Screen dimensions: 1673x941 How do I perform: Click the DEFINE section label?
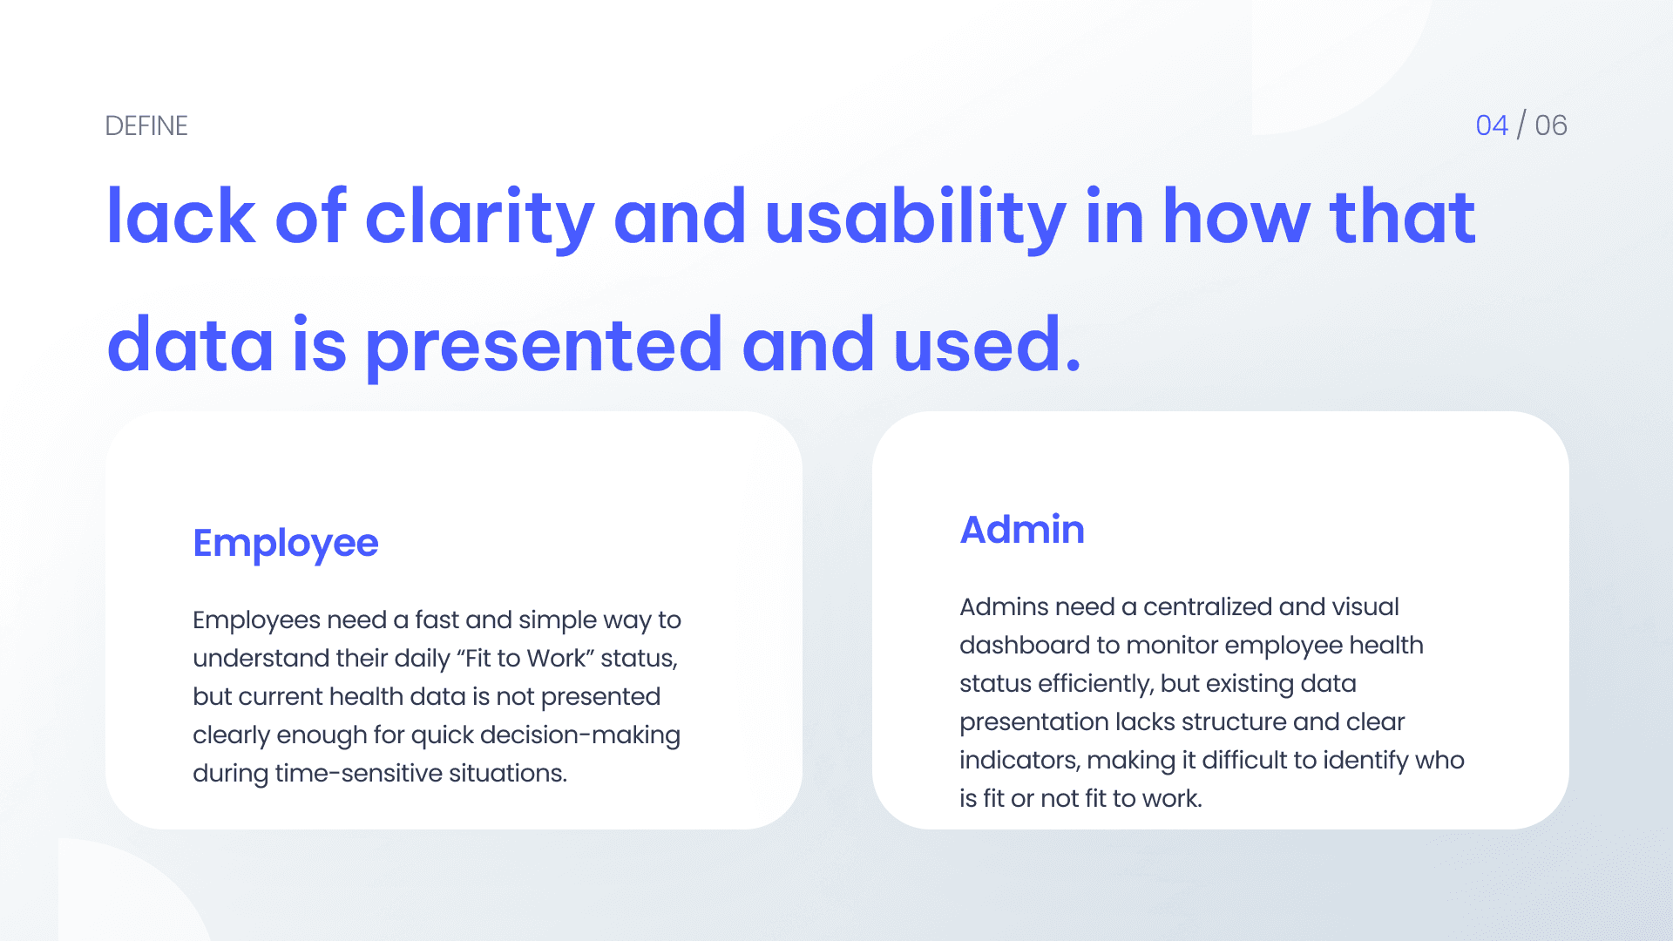click(x=146, y=125)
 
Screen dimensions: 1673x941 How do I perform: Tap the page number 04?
click(x=1492, y=125)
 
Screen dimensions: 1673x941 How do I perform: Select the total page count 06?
click(x=1551, y=125)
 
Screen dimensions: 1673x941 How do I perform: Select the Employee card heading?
click(x=286, y=544)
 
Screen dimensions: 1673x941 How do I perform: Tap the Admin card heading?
click(x=1022, y=529)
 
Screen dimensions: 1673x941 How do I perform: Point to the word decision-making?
click(x=580, y=735)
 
